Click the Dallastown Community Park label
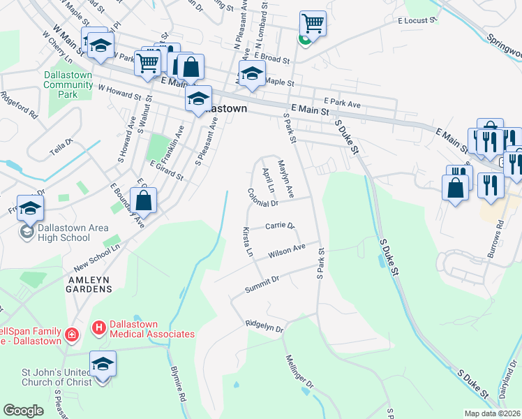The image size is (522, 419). tap(68, 84)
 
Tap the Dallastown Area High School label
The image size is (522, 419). tap(65, 232)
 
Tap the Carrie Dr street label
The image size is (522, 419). tap(280, 226)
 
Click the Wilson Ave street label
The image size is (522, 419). tap(287, 249)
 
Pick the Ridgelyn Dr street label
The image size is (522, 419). tap(264, 327)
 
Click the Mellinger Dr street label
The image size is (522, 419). tap(300, 373)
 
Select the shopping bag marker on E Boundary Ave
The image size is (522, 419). tap(143, 200)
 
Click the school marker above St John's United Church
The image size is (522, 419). tap(103, 363)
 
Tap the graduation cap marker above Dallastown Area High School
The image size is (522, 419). tap(30, 207)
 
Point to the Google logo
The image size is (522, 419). tap(23, 411)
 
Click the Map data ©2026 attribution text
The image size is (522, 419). tap(491, 413)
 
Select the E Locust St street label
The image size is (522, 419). tap(417, 22)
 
